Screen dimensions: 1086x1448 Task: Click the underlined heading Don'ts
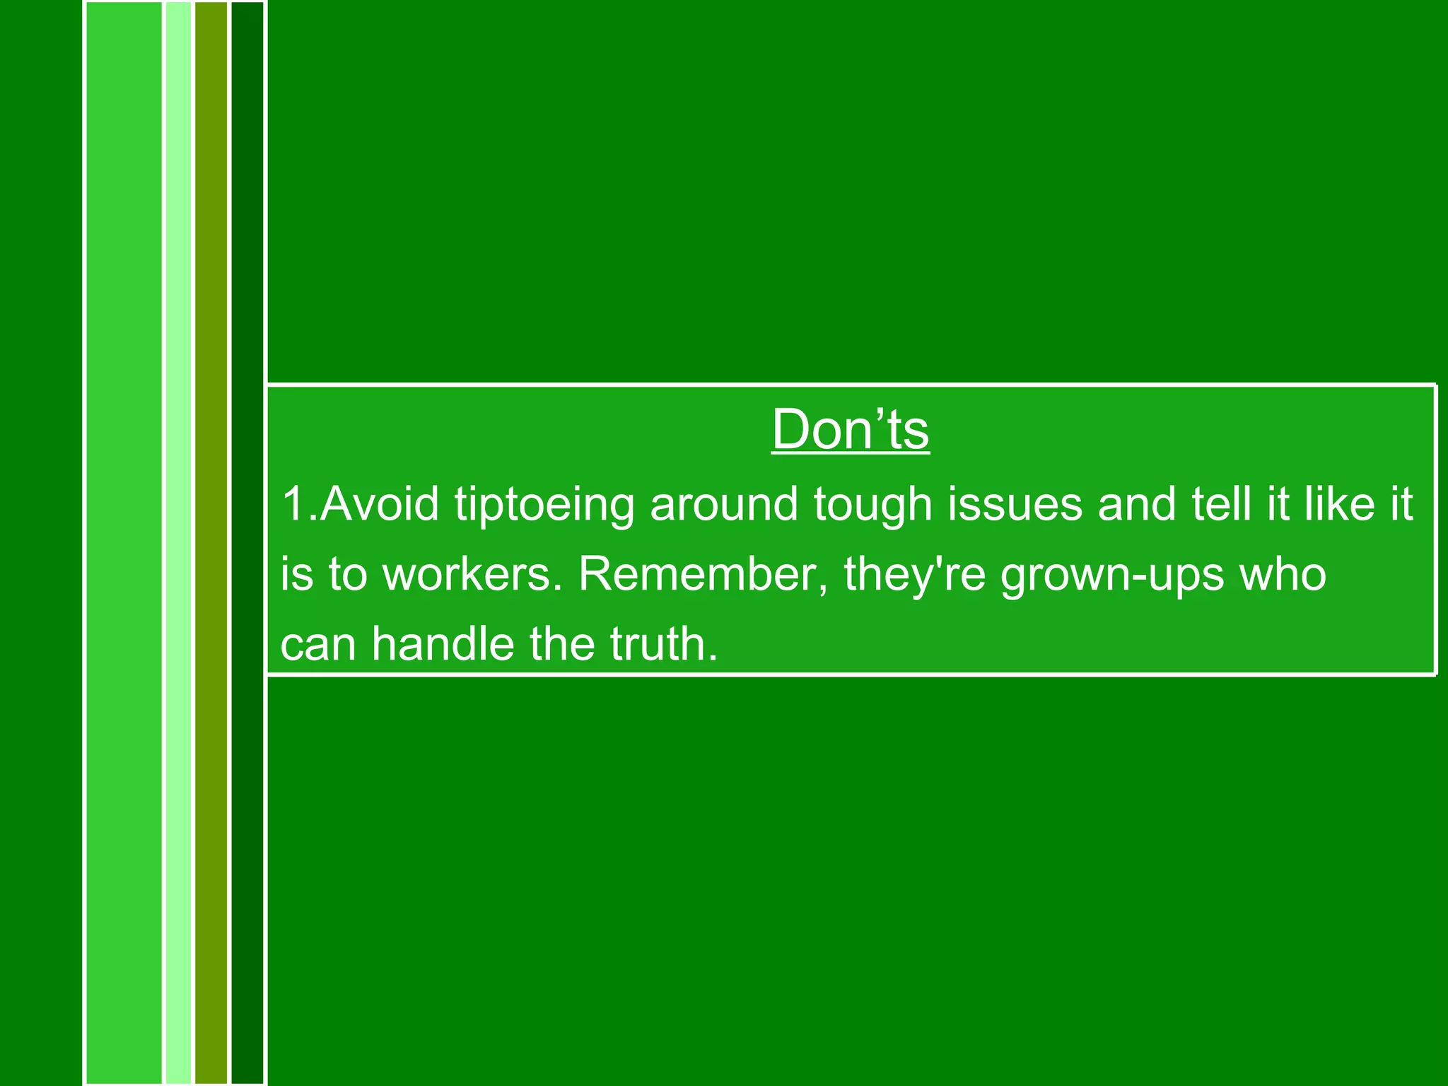click(x=850, y=429)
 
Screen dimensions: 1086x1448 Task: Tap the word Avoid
click(x=380, y=503)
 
